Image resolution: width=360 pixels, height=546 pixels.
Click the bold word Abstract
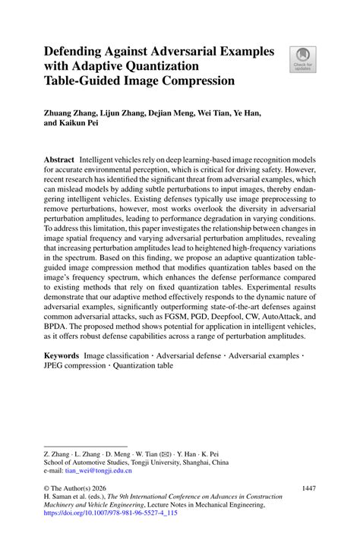pos(59,161)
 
